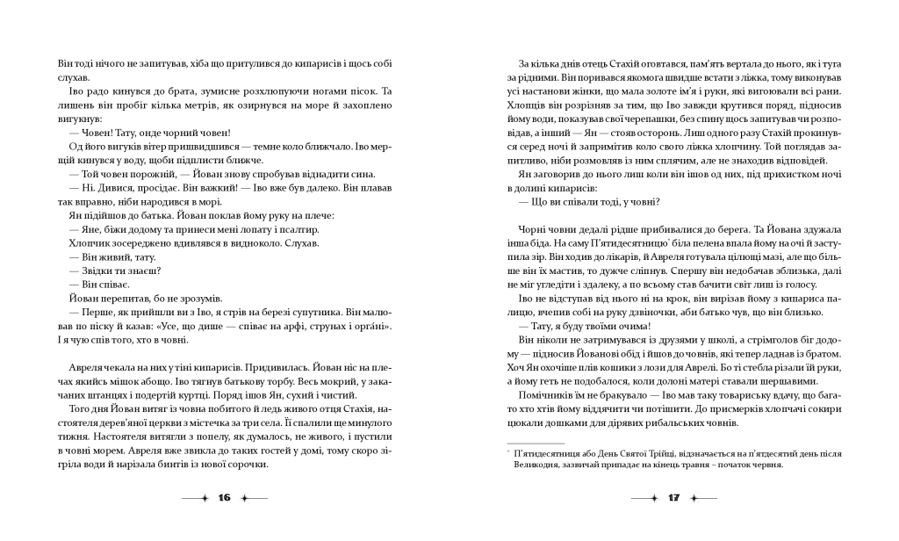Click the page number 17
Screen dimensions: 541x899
tap(674, 499)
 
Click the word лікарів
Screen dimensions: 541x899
tap(608, 260)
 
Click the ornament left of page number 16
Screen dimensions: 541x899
tap(195, 499)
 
